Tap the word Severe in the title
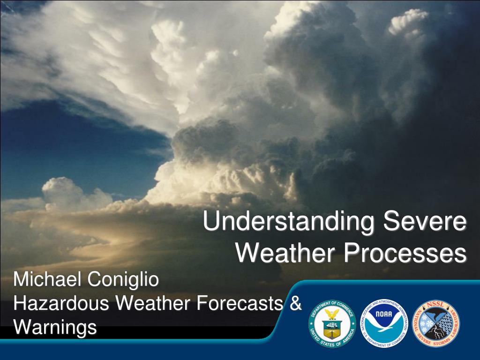[425, 221]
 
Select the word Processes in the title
[405, 253]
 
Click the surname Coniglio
[123, 280]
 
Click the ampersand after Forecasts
[295, 303]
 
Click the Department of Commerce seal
[332, 323]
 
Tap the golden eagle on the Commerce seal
[332, 314]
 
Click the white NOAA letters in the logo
[384, 314]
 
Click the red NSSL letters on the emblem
[435, 305]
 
